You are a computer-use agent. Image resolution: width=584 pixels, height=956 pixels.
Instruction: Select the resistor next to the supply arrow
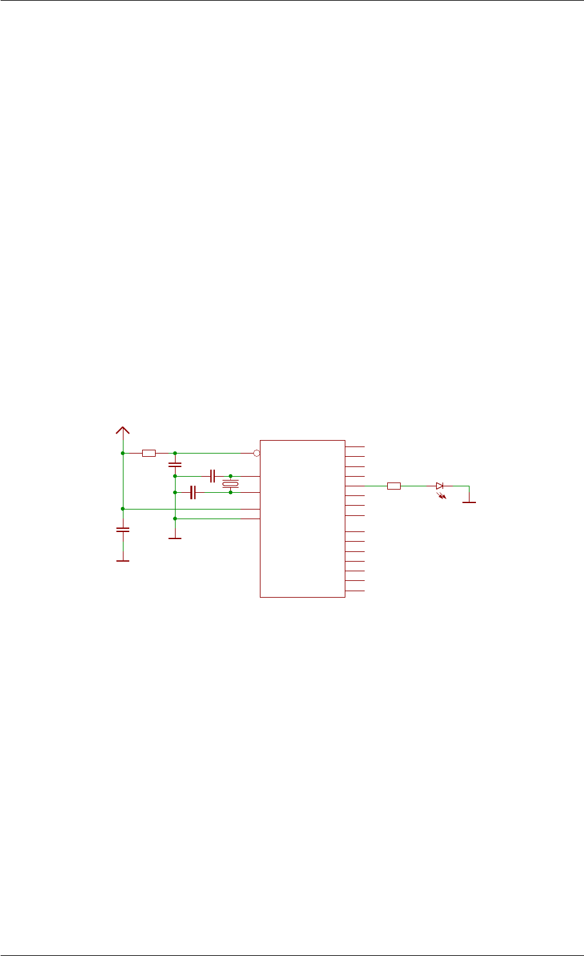pyautogui.click(x=149, y=453)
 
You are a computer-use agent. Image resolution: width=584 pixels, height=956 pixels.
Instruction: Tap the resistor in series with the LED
pyautogui.click(x=394, y=486)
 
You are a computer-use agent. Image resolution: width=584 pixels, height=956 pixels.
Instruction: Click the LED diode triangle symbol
pyautogui.click(x=440, y=486)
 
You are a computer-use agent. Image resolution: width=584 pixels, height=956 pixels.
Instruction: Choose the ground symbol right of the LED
pyautogui.click(x=469, y=502)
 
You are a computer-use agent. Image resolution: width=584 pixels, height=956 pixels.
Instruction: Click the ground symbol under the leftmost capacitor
pyautogui.click(x=122, y=560)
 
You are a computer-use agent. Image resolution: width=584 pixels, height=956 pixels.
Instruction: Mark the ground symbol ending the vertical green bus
pyautogui.click(x=174, y=538)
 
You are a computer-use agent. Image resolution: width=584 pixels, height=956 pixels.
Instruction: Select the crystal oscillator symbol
pyautogui.click(x=230, y=484)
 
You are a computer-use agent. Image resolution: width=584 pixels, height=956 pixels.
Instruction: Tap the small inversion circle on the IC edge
pyautogui.click(x=256, y=453)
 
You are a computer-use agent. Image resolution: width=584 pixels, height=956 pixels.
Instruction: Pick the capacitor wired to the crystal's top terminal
pyautogui.click(x=212, y=476)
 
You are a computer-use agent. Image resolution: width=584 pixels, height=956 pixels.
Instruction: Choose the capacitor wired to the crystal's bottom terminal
pyautogui.click(x=192, y=492)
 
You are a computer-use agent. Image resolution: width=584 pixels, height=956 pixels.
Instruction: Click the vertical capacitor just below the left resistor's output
pyautogui.click(x=174, y=464)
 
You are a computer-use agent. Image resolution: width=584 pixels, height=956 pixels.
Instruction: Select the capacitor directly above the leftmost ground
pyautogui.click(x=122, y=530)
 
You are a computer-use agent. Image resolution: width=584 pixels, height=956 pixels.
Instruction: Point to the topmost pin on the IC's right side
pyautogui.click(x=355, y=446)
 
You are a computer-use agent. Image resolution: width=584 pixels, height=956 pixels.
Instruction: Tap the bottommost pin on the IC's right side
pyautogui.click(x=355, y=591)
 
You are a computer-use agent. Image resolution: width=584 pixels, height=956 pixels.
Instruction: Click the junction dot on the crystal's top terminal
pyautogui.click(x=230, y=476)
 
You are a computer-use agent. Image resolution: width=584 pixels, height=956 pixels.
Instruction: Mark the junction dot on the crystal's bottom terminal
pyautogui.click(x=230, y=492)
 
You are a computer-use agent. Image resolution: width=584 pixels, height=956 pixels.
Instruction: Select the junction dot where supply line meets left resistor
pyautogui.click(x=122, y=453)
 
